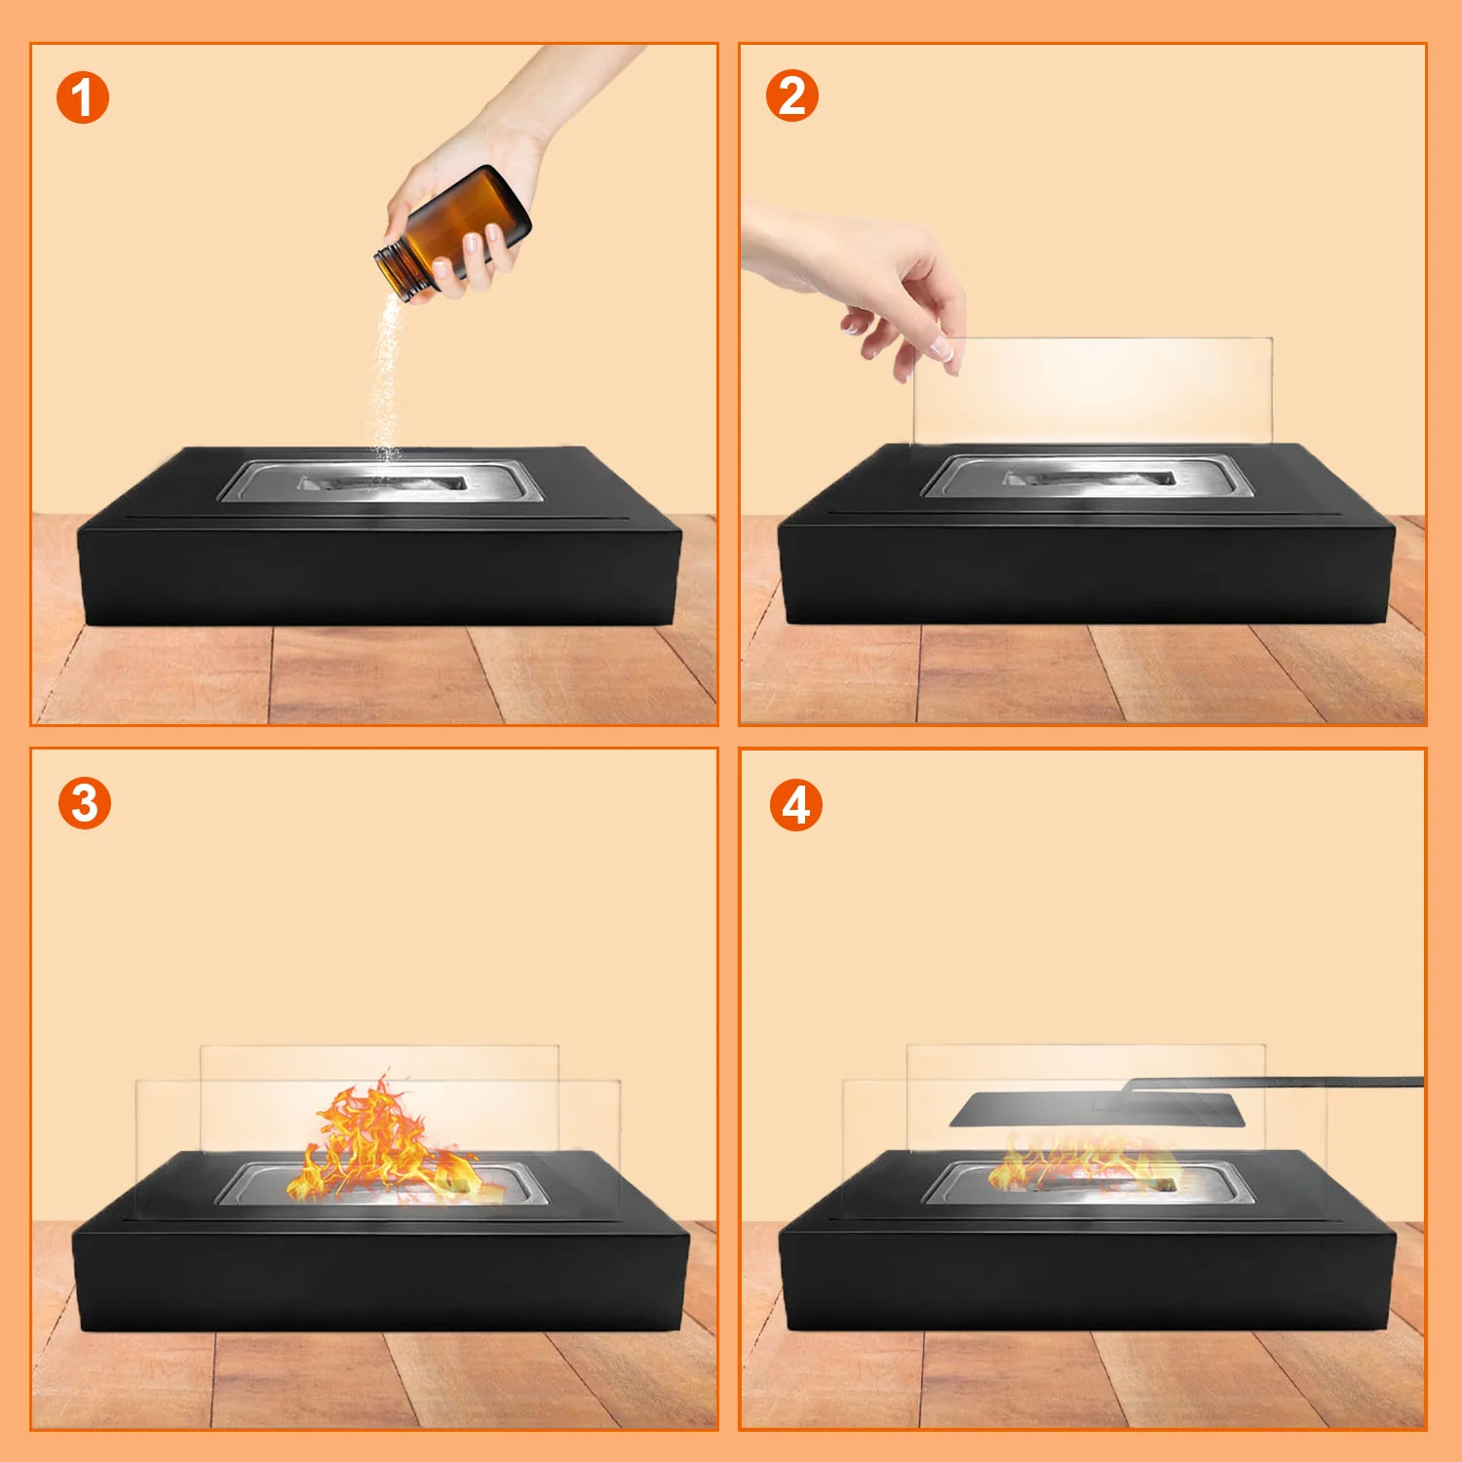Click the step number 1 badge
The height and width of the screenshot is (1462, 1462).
pos(83,97)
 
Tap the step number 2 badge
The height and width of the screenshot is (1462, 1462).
pos(791,96)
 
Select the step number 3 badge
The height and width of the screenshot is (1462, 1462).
pos(84,803)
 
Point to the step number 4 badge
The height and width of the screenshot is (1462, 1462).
pos(795,805)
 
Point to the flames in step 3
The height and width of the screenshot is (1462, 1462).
pos(385,1140)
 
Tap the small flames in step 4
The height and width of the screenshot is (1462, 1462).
pos(1082,1166)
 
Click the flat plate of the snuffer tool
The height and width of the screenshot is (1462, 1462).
pos(1097,1109)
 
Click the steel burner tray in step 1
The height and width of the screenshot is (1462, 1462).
pos(380,481)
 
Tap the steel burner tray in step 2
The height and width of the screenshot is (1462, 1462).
pos(1087,477)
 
